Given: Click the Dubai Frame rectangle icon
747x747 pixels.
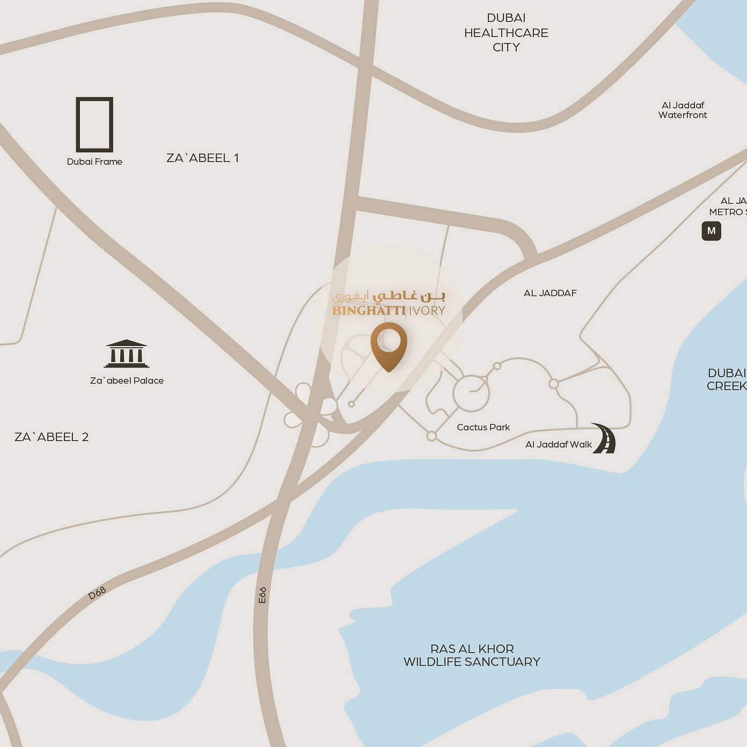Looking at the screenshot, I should [94, 124].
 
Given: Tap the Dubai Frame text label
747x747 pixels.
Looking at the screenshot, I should [94, 162].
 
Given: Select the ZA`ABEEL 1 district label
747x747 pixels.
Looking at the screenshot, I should [202, 158].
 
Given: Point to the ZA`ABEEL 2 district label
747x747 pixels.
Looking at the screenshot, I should [52, 437].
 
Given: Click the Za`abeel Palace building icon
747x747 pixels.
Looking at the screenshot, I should [127, 354].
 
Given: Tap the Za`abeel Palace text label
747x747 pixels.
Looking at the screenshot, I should [127, 380].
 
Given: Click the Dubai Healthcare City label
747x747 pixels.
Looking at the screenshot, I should [506, 33].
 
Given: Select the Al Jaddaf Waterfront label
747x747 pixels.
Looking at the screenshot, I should [683, 110].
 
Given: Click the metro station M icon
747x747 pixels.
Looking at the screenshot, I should [711, 231].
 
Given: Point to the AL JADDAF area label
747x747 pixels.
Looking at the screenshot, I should [550, 293].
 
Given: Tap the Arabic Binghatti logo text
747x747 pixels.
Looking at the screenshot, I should [389, 296].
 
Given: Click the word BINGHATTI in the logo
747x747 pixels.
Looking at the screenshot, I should [369, 311].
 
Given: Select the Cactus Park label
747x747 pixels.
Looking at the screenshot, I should [484, 427].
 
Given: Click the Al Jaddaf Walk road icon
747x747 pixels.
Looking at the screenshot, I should [605, 438].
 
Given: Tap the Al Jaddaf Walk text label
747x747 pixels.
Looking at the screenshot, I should [558, 444].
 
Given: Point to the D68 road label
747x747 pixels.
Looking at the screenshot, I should [97, 593].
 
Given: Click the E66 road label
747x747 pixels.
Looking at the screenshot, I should [262, 595].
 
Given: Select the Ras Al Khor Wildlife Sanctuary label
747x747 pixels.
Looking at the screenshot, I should [472, 655].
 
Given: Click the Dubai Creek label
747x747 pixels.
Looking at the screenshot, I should [727, 379].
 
